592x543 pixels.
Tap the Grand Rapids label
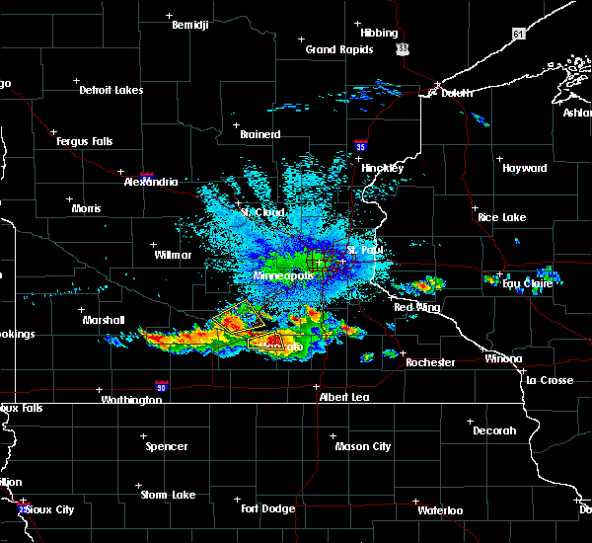338,49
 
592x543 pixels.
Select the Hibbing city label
379,33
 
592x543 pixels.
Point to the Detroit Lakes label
111,90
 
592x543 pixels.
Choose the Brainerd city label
260,134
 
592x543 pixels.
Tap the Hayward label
524,168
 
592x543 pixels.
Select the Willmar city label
173,255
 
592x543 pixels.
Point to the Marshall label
104,320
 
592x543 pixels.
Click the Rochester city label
430,362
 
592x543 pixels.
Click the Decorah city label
494,430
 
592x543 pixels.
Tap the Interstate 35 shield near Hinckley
362,145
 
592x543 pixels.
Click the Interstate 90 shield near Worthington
162,387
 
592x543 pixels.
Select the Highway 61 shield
519,34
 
